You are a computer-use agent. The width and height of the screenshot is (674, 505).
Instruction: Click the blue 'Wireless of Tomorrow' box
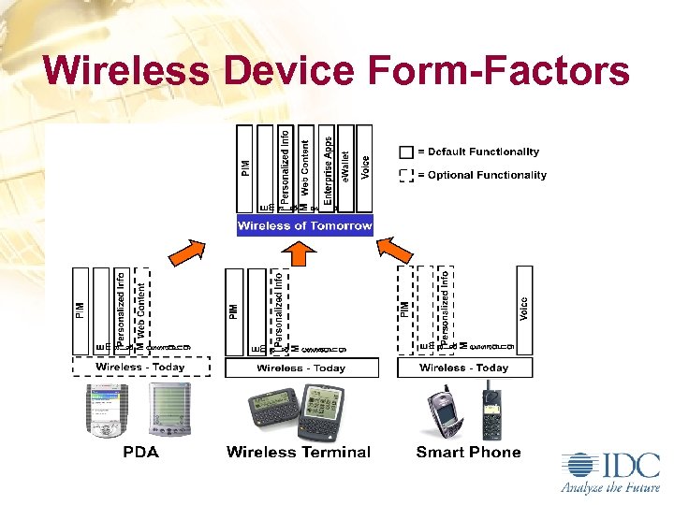click(x=304, y=225)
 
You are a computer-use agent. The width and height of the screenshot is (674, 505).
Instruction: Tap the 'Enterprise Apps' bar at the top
click(x=327, y=167)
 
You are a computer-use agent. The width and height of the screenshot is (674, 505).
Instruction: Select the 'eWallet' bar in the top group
click(x=345, y=167)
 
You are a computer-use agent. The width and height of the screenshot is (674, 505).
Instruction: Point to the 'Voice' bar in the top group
click(x=364, y=167)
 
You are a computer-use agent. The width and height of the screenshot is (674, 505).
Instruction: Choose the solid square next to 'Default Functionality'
click(x=406, y=152)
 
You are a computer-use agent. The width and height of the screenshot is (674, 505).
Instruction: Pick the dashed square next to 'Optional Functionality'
click(x=406, y=175)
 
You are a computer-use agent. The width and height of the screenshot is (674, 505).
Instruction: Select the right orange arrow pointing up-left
click(x=395, y=252)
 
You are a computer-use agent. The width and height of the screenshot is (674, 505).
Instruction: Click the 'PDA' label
click(x=140, y=453)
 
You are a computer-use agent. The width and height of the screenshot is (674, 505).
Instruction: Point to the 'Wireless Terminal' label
click(x=299, y=453)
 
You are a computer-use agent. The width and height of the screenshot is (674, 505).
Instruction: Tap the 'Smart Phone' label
click(x=468, y=453)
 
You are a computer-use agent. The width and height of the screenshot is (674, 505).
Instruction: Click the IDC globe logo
click(x=578, y=466)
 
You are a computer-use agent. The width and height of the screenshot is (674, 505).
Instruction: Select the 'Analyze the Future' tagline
click(x=609, y=487)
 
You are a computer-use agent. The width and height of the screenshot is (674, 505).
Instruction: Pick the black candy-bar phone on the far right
click(x=491, y=412)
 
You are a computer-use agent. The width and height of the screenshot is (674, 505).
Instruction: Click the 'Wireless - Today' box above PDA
click(x=141, y=368)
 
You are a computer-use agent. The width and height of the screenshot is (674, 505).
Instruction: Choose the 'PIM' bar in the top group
click(x=245, y=167)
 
